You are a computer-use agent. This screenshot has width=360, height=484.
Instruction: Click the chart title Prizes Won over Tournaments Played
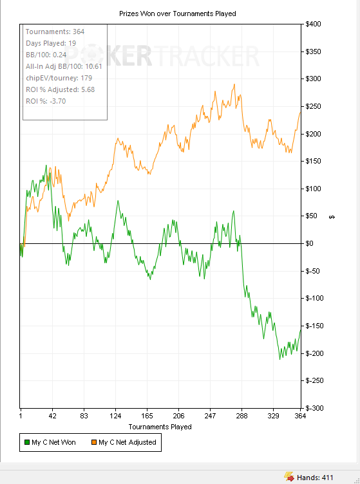pyautogui.click(x=178, y=14)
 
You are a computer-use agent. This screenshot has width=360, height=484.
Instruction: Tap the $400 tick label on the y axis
pyautogui.click(x=313, y=24)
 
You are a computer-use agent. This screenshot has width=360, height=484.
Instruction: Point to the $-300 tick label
pyautogui.click(x=314, y=408)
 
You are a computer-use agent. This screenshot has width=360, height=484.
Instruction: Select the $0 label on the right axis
pyautogui.click(x=309, y=243)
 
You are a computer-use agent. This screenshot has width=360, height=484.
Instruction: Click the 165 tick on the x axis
pyautogui.click(x=147, y=416)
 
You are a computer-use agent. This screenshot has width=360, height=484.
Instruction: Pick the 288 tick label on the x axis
pyautogui.click(x=242, y=416)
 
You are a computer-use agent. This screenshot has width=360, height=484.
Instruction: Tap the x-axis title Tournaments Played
pyautogui.click(x=160, y=427)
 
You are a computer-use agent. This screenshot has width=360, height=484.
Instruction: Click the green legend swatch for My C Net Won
pyautogui.click(x=27, y=442)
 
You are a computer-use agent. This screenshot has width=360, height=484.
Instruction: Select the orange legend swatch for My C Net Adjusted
pyautogui.click(x=94, y=442)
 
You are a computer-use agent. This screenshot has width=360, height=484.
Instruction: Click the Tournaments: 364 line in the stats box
pyautogui.click(x=55, y=32)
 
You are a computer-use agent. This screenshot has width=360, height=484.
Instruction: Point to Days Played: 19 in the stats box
pyautogui.click(x=51, y=43)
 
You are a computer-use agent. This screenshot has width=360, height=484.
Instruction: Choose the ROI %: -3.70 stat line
pyautogui.click(x=46, y=101)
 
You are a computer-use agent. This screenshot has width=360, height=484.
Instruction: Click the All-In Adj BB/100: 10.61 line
pyautogui.click(x=64, y=66)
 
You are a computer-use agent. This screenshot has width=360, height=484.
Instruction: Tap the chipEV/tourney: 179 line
pyautogui.click(x=59, y=78)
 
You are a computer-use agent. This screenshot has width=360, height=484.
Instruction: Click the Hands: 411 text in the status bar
pyautogui.click(x=315, y=478)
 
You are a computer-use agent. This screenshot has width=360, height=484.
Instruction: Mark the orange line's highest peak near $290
pyautogui.click(x=234, y=84)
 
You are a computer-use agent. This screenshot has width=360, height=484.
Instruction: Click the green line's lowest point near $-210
pyautogui.click(x=280, y=359)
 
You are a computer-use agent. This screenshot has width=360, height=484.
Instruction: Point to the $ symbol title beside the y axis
pyautogui.click(x=332, y=218)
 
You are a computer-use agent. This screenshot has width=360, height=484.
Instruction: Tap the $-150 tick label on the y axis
pyautogui.click(x=314, y=326)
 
